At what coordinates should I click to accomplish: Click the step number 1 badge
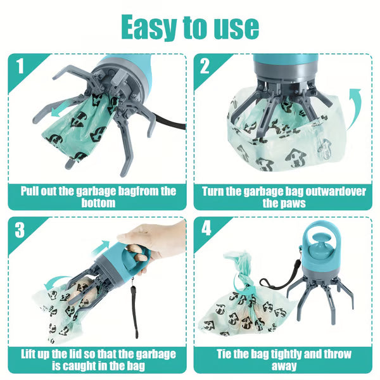22,66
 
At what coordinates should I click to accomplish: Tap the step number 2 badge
205,66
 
